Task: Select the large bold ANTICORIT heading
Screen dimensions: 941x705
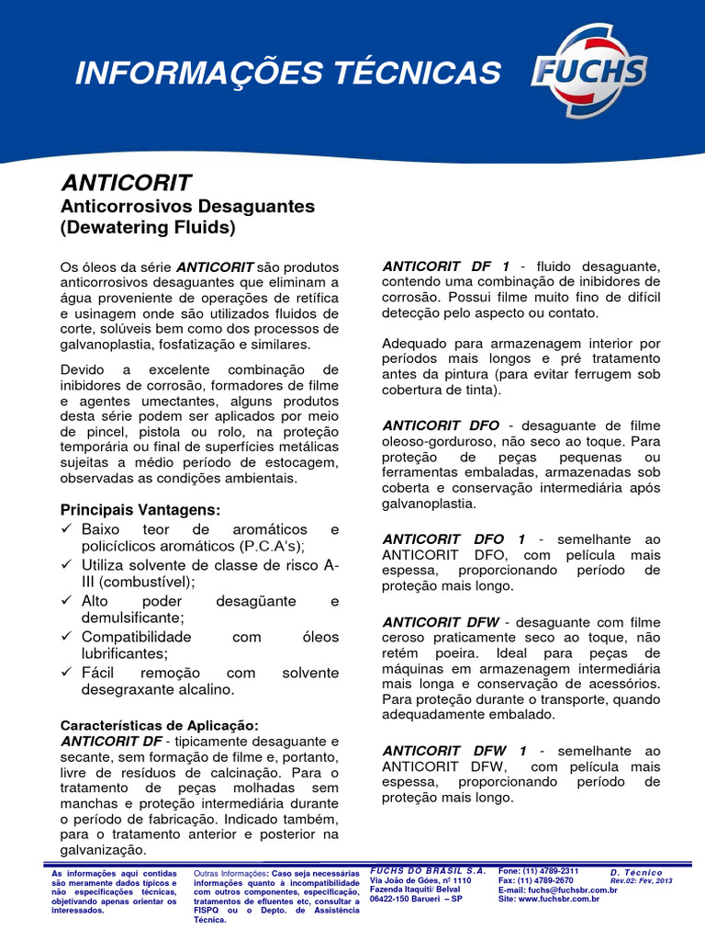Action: tap(126, 181)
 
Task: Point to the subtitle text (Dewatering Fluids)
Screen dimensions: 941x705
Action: tap(148, 226)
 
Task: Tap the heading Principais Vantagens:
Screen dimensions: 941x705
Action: tap(140, 509)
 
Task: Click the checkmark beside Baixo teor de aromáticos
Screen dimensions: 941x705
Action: tap(67, 530)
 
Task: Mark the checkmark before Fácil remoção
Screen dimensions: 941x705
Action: tap(67, 673)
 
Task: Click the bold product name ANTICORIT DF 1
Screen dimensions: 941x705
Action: tap(446, 266)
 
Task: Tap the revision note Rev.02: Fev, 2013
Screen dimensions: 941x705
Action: tap(642, 880)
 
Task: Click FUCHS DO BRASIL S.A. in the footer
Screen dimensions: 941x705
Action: tap(427, 870)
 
